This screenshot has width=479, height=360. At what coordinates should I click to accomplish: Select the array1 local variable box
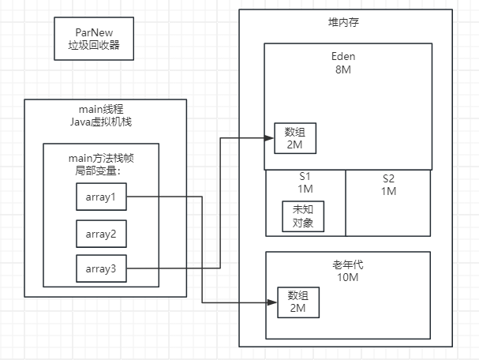[x=101, y=197]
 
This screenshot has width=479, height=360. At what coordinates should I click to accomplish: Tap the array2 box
[x=101, y=234]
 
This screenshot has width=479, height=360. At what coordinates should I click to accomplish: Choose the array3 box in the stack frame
[x=101, y=269]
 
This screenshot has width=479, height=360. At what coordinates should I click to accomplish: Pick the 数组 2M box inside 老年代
[x=298, y=302]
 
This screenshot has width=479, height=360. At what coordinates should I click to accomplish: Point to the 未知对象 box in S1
[x=302, y=216]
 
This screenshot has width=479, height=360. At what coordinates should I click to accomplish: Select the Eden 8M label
[x=347, y=64]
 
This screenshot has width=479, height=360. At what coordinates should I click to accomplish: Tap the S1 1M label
[x=305, y=185]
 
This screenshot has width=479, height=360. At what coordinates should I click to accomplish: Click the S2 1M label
[x=388, y=185]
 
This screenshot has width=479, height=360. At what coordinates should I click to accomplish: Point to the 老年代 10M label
[x=347, y=272]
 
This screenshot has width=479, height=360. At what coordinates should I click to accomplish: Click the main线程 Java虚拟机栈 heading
[x=105, y=114]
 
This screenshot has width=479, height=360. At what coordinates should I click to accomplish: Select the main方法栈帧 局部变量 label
[x=100, y=163]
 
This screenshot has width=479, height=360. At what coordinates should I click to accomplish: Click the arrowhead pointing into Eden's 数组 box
[x=270, y=138]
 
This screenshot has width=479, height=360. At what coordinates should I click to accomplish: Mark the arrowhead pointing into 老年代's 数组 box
[x=274, y=302]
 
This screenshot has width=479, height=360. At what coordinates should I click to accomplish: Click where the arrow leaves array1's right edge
[x=127, y=197]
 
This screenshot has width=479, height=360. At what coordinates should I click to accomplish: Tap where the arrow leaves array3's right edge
[x=127, y=269]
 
